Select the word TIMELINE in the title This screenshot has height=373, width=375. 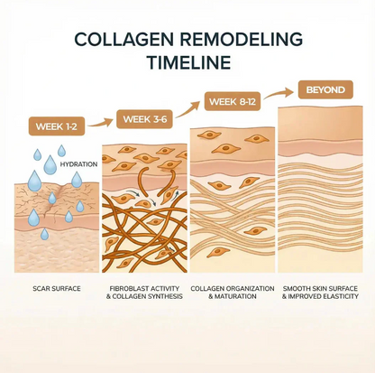(188, 62)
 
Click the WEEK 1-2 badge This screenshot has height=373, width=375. (57, 126)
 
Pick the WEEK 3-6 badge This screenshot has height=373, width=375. (144, 119)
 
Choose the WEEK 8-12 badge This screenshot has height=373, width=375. (233, 101)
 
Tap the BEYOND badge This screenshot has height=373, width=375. (325, 89)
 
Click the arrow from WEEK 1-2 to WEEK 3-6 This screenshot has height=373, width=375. (101, 123)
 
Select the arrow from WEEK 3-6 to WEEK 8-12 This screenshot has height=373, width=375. (187, 109)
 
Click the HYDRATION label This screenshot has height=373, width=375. (78, 164)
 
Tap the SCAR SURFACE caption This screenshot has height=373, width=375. (57, 288)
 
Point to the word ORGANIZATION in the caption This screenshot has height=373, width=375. (252, 288)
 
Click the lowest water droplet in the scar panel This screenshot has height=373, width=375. (44, 234)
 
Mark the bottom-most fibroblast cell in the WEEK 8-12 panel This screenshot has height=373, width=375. (217, 252)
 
